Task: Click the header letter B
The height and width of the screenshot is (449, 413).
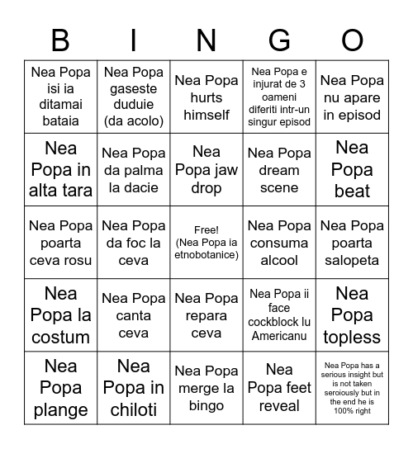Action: click(60, 40)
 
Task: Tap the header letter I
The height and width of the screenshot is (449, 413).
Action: click(134, 40)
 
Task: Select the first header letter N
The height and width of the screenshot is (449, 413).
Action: click(206, 40)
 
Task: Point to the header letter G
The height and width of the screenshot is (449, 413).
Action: click(279, 40)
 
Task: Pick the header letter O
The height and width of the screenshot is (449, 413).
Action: click(352, 40)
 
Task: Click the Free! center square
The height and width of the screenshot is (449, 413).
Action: click(206, 243)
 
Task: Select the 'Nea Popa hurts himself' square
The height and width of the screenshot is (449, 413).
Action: click(206, 97)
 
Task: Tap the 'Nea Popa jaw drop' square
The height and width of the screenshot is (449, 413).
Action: click(206, 170)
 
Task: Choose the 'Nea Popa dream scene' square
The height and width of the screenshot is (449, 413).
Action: click(279, 170)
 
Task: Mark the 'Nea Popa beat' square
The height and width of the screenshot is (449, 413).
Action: click(352, 170)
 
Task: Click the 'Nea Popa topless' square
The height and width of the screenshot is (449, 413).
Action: click(352, 315)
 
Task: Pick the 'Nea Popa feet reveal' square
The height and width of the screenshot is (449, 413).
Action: click(279, 388)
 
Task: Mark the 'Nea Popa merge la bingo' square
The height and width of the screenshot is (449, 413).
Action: click(206, 388)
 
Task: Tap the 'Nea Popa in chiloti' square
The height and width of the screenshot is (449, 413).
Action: click(134, 388)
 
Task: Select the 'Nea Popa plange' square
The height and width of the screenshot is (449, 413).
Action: click(60, 388)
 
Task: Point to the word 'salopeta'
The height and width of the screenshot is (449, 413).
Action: click(352, 260)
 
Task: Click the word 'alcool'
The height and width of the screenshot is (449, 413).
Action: click(279, 260)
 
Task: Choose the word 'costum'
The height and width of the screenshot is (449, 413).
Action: click(60, 337)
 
